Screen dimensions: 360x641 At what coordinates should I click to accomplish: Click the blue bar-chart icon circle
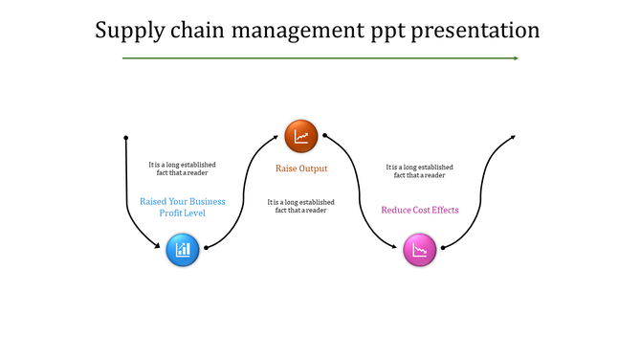click(x=182, y=251)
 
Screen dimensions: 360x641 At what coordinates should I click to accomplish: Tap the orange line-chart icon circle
click(x=300, y=136)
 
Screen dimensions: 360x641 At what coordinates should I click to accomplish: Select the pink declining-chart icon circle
click(x=419, y=251)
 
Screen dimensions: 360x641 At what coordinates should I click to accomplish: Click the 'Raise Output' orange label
click(x=301, y=169)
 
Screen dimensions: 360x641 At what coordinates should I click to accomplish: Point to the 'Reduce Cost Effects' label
click(x=420, y=210)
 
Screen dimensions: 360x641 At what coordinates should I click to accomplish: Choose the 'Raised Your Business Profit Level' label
click(x=183, y=207)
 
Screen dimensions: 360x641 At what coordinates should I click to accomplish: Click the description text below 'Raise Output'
click(x=301, y=206)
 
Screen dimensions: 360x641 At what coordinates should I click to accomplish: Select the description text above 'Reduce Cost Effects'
click(x=420, y=170)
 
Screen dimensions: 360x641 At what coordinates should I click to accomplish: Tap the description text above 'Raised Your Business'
click(x=183, y=169)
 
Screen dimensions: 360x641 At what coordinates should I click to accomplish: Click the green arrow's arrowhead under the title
click(x=515, y=58)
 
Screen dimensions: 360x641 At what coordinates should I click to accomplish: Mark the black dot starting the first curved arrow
click(x=125, y=138)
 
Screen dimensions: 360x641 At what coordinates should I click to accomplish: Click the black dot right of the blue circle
click(x=206, y=247)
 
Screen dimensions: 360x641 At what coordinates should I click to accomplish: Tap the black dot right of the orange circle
click(x=325, y=136)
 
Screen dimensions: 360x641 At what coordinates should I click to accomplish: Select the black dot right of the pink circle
click(x=443, y=247)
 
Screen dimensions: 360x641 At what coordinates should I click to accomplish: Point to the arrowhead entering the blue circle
click(x=161, y=246)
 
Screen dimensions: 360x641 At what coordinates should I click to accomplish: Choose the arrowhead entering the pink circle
click(x=398, y=246)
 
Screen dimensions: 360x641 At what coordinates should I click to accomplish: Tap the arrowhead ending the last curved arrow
click(x=514, y=137)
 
